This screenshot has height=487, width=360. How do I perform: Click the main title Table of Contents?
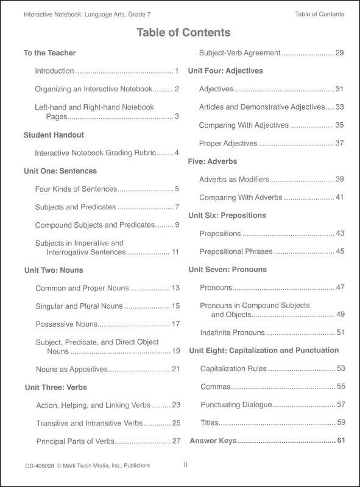(x=179, y=32)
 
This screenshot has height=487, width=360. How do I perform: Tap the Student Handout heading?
(x=54, y=135)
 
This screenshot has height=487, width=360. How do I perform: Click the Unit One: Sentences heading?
(x=60, y=171)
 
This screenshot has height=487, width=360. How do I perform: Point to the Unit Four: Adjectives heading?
(x=225, y=71)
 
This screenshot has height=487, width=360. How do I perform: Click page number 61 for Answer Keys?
(x=341, y=440)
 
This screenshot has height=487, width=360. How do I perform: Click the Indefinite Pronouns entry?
(x=232, y=332)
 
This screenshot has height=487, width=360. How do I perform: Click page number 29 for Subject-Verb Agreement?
(x=340, y=53)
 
